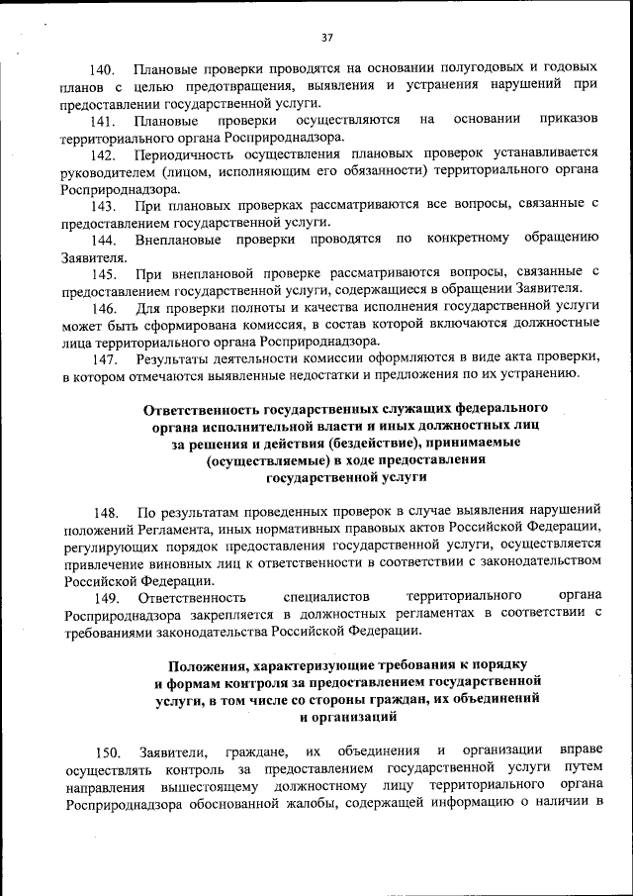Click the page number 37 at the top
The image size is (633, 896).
(x=326, y=38)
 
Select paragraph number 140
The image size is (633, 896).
(x=103, y=70)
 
